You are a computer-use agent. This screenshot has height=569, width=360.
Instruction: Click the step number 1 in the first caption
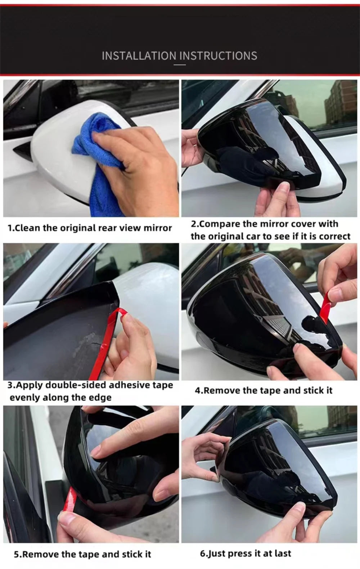[x=10, y=228]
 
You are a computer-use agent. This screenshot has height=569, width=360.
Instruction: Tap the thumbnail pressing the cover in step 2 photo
[x=284, y=188]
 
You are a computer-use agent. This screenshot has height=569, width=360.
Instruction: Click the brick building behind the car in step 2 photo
[x=340, y=101]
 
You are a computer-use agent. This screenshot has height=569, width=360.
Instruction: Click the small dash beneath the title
[x=180, y=65]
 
